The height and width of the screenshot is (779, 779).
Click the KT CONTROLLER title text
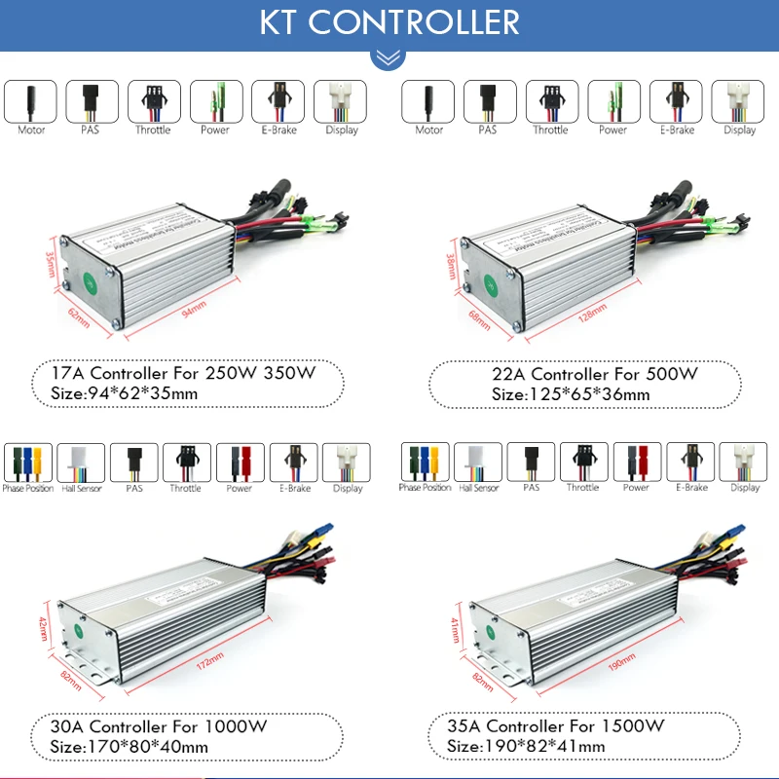tap(389, 21)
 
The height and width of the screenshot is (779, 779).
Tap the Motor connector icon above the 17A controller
tap(31, 100)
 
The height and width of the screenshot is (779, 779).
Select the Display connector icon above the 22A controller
tap(739, 100)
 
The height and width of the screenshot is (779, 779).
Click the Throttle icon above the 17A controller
tap(153, 100)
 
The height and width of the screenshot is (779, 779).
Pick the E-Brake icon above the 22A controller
tap(676, 100)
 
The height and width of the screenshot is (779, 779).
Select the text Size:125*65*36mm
tap(571, 394)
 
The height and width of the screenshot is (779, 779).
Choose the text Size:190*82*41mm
tap(526, 747)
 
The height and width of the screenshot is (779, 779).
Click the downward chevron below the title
tap(389, 57)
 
